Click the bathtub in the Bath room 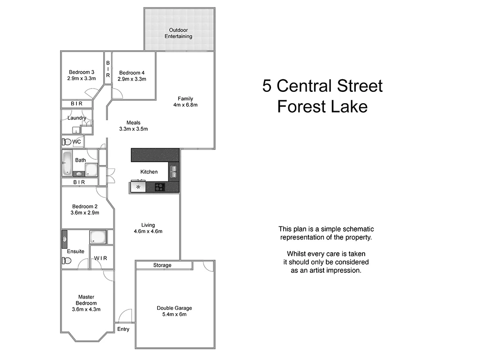point(67,163)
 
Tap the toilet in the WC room point(66,142)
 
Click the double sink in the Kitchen point(173,172)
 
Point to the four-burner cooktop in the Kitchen point(160,187)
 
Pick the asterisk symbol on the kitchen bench point(138,187)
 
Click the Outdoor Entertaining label point(178,33)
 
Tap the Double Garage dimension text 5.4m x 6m point(174,315)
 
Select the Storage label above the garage point(162,265)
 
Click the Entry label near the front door point(123,329)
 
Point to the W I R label point(101,258)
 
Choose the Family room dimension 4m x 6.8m point(185,105)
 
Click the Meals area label point(133,123)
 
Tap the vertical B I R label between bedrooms point(108,69)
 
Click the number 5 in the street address point(267,86)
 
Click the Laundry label point(76,118)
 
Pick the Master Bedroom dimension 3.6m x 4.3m point(86,309)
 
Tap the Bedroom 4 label point(132,73)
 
